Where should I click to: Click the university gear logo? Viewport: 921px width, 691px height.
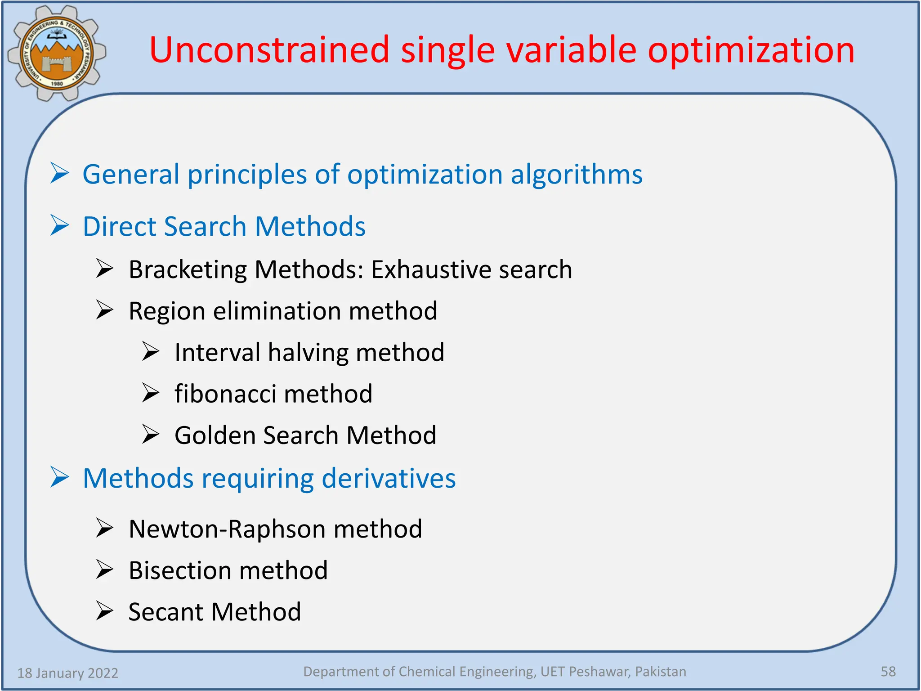click(57, 53)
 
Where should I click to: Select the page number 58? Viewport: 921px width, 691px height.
click(888, 671)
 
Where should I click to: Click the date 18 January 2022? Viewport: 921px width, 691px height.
click(67, 673)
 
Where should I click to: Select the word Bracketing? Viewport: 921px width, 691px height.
click(188, 269)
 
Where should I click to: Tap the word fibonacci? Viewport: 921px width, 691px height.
click(225, 394)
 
